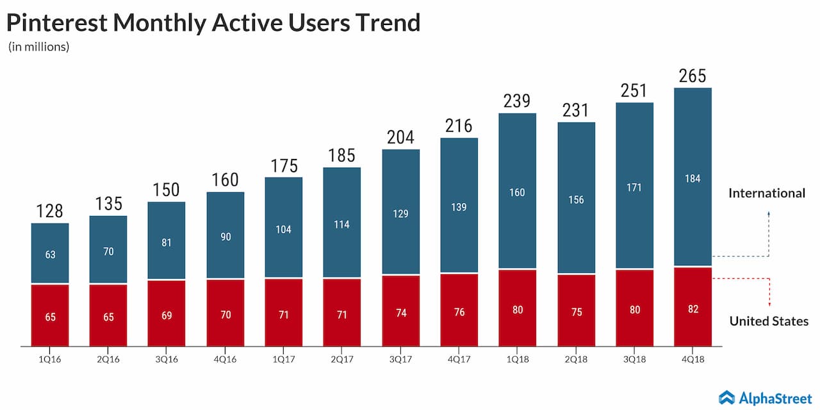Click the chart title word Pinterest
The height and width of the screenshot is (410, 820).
tap(56, 22)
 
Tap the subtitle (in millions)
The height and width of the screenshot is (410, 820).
tap(38, 47)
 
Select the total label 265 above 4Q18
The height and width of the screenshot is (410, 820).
tap(693, 76)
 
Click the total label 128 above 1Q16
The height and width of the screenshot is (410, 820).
tap(50, 210)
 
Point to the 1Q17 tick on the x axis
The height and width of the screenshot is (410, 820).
tap(283, 359)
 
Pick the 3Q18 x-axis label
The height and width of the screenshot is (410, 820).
tap(634, 359)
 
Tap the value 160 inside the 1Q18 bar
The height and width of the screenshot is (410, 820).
tap(517, 192)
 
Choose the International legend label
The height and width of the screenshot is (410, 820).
tap(766, 193)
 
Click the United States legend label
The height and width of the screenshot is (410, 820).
tap(769, 321)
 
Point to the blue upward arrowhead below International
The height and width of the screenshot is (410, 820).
tap(769, 210)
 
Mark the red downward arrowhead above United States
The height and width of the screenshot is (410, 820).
tap(769, 304)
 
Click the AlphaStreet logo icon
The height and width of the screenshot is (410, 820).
tap(726, 397)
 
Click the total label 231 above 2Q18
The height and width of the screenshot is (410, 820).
tap(576, 110)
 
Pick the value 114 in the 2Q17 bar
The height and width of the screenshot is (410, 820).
tap(341, 224)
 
